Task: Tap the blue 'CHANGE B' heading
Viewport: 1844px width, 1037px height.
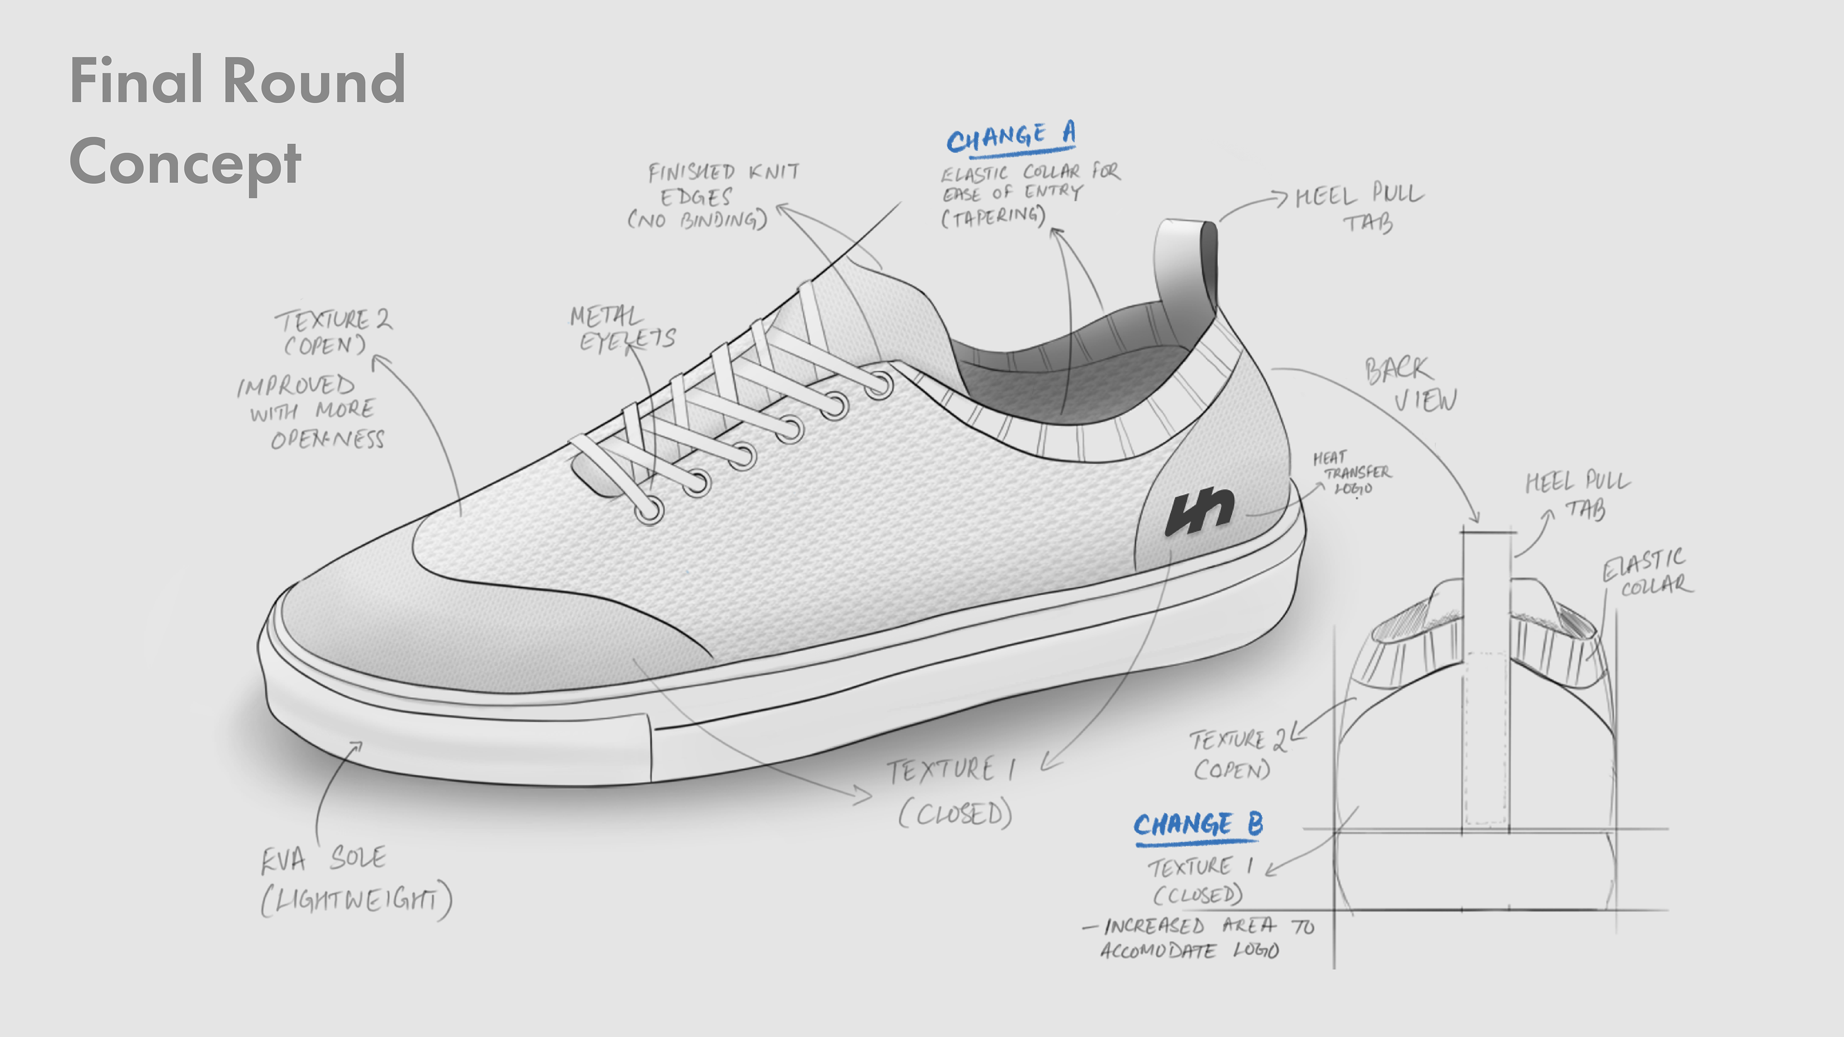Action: (1198, 825)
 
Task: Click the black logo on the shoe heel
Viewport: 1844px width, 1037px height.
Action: (1199, 511)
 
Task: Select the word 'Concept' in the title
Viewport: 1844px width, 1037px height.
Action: (185, 162)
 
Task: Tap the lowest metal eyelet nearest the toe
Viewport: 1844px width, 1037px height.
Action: (649, 511)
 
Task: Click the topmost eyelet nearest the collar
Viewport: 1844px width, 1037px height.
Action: (880, 386)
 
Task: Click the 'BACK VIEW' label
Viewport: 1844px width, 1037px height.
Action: (1409, 384)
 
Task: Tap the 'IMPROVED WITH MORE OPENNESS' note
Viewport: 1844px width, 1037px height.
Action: (311, 411)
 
